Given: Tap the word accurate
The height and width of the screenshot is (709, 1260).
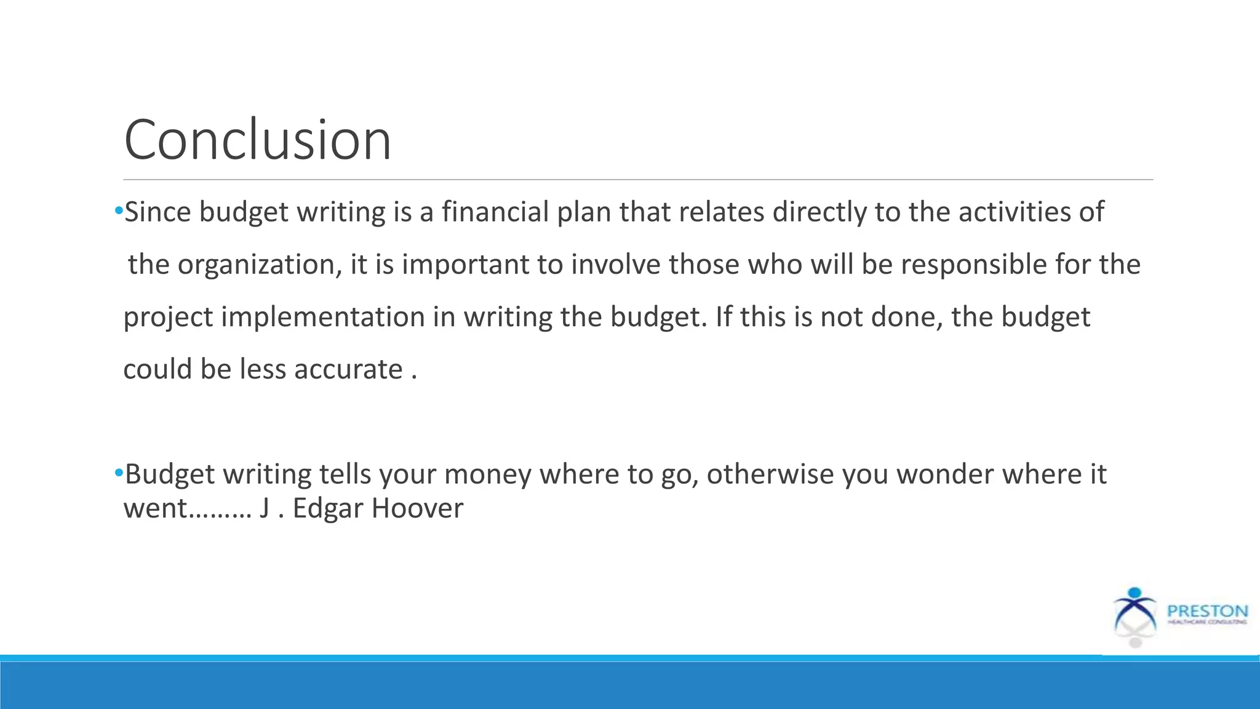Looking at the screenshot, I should (x=348, y=369).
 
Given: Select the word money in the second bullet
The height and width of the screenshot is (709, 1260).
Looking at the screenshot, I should (x=487, y=475).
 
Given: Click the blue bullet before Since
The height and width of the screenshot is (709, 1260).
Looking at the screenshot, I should (x=119, y=212).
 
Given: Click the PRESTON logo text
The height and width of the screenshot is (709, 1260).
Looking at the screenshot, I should (x=1207, y=611).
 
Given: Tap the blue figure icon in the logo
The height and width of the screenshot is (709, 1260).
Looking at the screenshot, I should (x=1135, y=609).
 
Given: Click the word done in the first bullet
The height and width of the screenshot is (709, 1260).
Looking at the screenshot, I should (x=907, y=318).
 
